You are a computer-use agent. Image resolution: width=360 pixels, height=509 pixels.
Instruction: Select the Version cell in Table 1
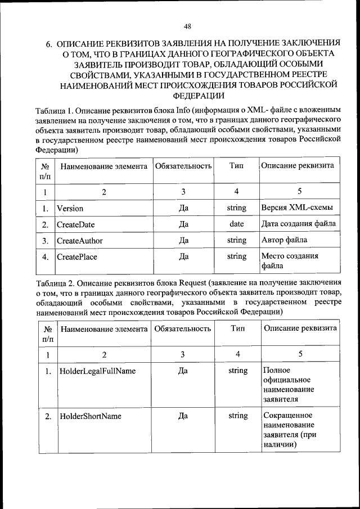click(x=70, y=208)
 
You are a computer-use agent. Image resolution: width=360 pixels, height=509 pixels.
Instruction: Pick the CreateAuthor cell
click(x=80, y=240)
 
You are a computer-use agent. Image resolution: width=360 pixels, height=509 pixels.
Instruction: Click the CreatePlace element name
click(x=77, y=256)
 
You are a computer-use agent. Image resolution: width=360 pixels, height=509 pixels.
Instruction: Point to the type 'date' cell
click(x=236, y=224)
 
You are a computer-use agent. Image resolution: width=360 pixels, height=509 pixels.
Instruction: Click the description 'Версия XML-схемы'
click(x=297, y=208)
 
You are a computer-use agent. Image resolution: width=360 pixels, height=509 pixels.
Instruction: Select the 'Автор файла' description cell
click(x=284, y=240)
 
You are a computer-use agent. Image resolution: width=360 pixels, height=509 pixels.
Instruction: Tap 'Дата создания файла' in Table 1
click(x=299, y=224)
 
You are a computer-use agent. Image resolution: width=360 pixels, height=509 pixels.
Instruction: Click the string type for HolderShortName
click(x=238, y=416)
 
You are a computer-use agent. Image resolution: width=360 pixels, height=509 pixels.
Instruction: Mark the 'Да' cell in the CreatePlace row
click(x=183, y=256)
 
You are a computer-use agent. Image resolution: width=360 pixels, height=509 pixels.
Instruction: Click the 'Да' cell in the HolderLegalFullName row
click(x=183, y=371)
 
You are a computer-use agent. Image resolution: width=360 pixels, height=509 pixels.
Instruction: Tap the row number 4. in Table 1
click(x=44, y=257)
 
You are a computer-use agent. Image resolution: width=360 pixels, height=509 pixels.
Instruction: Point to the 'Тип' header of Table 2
click(x=238, y=328)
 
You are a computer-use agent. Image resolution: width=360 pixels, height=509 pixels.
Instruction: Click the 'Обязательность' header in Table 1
click(x=183, y=166)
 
